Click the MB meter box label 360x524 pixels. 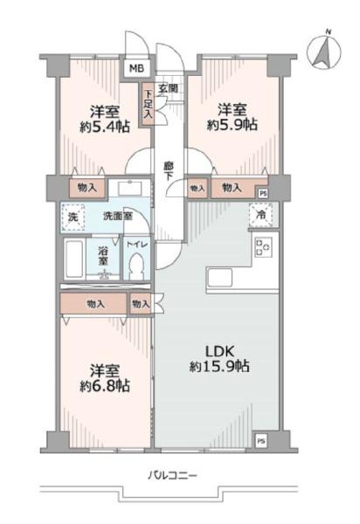[136, 69]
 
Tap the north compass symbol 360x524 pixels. [324, 52]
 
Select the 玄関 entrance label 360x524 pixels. [168, 88]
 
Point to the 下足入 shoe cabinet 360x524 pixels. [148, 104]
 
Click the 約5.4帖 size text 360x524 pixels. [105, 127]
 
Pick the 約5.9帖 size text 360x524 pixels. [232, 125]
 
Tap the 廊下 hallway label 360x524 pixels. [168, 171]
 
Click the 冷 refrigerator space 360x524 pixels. [260, 215]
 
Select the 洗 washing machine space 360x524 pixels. [73, 217]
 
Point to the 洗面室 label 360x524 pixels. [118, 217]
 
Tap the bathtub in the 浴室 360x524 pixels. [74, 259]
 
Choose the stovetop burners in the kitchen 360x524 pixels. [263, 247]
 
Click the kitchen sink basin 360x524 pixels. [219, 276]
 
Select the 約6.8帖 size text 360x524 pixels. [105, 386]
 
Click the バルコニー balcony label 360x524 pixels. [172, 475]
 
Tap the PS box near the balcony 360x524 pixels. [260, 441]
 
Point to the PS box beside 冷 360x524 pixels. [263, 193]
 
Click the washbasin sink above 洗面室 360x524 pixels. [129, 189]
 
